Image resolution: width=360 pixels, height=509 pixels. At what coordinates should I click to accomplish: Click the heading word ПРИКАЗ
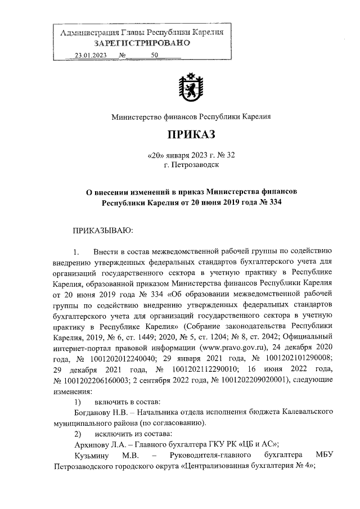tap(191, 135)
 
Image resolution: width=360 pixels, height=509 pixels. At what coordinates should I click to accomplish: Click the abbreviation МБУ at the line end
tap(325, 455)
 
